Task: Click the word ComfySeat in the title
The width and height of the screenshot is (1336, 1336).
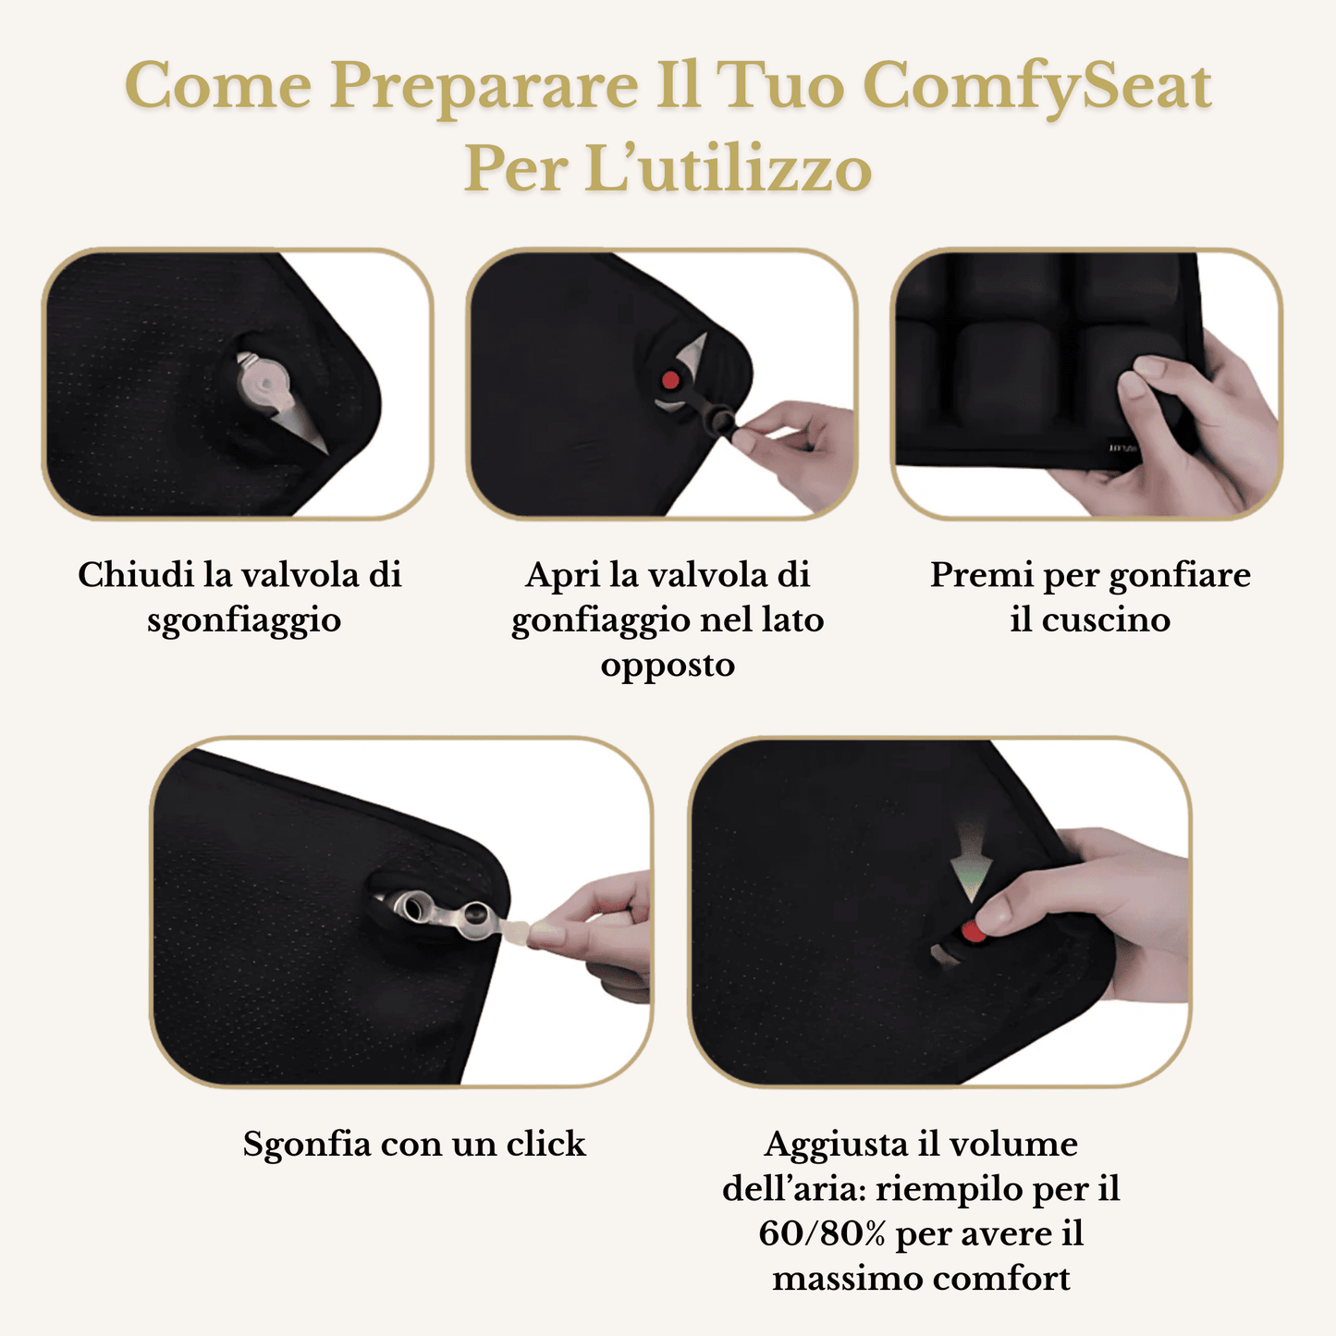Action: coord(1036,86)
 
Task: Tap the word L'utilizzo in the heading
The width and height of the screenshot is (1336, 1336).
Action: coord(729,170)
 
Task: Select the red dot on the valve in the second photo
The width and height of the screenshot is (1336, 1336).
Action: coord(671,380)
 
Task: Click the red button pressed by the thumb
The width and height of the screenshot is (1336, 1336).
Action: coord(973,931)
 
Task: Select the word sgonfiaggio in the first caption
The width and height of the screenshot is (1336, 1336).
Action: coord(244,620)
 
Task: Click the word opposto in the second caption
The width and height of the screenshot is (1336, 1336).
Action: coord(668,666)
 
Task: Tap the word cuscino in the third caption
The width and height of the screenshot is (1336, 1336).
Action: coord(1106,619)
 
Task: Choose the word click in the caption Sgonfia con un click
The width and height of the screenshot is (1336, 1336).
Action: coord(545,1144)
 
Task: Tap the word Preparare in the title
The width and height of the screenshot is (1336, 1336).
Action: coord(484,86)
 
